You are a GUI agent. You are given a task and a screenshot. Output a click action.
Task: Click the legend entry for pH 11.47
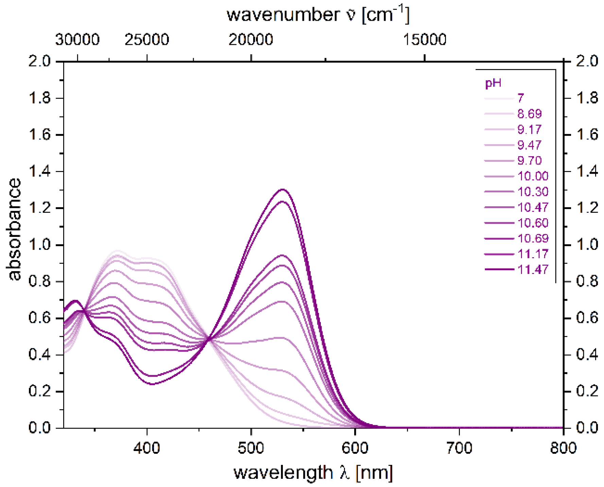coord(533,269)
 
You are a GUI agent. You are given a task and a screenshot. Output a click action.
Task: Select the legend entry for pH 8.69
coord(529,114)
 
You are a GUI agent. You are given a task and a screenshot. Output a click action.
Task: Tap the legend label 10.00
coord(533,176)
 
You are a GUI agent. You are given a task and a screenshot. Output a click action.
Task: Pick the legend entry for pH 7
coord(521,98)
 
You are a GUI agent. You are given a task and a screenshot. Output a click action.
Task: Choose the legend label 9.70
coord(529,160)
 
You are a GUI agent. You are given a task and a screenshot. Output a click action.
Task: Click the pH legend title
coord(493,83)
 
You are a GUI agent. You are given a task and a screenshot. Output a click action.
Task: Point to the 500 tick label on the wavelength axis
coord(251,448)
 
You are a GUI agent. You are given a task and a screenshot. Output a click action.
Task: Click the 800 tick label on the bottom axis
coord(563,448)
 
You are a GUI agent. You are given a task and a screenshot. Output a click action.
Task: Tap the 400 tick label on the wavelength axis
coord(147,448)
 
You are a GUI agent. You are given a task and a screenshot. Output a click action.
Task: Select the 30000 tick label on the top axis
coord(77,40)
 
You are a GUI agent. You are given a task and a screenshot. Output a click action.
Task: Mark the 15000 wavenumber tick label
coord(425,40)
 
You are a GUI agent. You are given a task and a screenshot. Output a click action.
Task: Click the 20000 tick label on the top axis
coord(251,40)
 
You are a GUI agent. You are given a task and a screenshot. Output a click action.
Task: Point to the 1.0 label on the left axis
coord(39,245)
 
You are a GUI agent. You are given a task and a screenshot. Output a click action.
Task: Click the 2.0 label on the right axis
coord(587,61)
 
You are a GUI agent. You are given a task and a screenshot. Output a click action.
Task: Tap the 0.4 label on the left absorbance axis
coord(39,355)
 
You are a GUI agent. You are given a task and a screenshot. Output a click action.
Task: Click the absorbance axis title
coord(14,229)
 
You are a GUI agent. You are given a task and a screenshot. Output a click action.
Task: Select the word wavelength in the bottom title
coord(283,473)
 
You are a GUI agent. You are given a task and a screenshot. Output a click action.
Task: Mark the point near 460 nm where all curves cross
coord(209,339)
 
